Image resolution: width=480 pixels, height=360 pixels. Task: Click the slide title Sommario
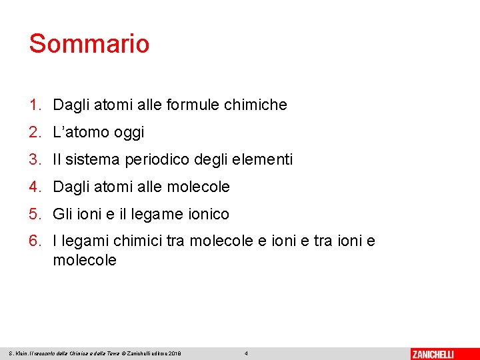[x=89, y=44]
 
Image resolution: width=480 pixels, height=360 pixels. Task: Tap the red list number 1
[x=34, y=105]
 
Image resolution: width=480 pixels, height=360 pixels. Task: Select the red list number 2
[x=34, y=132]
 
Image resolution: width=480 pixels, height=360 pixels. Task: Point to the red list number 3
[x=34, y=159]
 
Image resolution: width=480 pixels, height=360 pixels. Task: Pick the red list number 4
[x=34, y=187]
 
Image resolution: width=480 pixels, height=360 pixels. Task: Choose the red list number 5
[x=34, y=214]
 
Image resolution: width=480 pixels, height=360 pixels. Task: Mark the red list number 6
[x=34, y=241]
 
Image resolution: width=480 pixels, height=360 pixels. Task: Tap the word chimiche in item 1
[x=256, y=105]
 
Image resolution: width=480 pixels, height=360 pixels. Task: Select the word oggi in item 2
[x=129, y=133]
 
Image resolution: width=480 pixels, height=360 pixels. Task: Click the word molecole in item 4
[x=199, y=187]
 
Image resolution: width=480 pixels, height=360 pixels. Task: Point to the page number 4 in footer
[x=246, y=353]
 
